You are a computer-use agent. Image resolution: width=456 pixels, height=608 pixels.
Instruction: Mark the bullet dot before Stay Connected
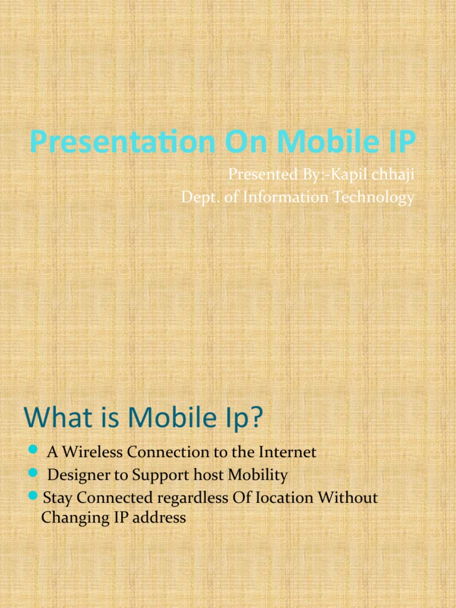[33, 496]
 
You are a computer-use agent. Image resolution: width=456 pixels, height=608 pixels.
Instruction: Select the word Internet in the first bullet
[287, 452]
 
